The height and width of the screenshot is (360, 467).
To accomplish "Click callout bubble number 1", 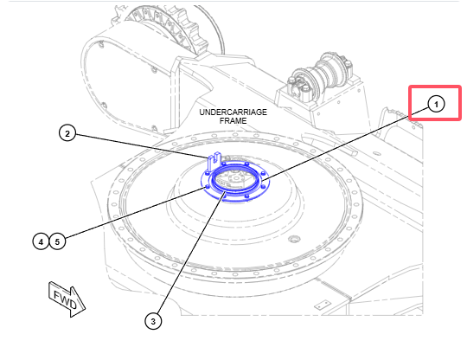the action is tap(436, 105).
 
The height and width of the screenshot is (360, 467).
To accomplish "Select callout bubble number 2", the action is tap(67, 133).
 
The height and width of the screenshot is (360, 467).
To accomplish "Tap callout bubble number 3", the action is tap(153, 321).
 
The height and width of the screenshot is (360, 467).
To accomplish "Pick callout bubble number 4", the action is tap(41, 241).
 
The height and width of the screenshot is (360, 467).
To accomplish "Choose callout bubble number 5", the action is tap(57, 241).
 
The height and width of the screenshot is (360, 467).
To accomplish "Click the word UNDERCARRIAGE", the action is tap(233, 112).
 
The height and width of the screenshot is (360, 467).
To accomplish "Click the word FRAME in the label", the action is tap(233, 120).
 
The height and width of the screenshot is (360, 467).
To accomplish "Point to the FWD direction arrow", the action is tap(67, 299).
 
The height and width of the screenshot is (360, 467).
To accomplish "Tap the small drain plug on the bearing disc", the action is tap(294, 239).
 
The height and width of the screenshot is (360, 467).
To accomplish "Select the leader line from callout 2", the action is tap(142, 145).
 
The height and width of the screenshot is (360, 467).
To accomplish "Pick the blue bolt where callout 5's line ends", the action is tap(208, 187).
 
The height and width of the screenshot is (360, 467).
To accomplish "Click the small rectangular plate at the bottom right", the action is tap(323, 305).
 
